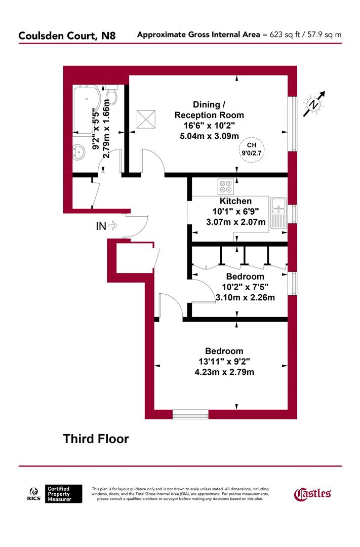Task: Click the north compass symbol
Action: (314, 104)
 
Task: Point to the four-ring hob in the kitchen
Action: (226, 187)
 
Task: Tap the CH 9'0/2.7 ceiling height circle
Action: (252, 149)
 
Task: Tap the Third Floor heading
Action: (96, 439)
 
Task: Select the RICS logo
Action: (34, 494)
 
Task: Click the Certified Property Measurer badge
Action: (64, 493)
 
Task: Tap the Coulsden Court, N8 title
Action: (70, 35)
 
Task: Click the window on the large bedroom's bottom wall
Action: (190, 414)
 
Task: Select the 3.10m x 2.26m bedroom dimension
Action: (245, 298)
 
